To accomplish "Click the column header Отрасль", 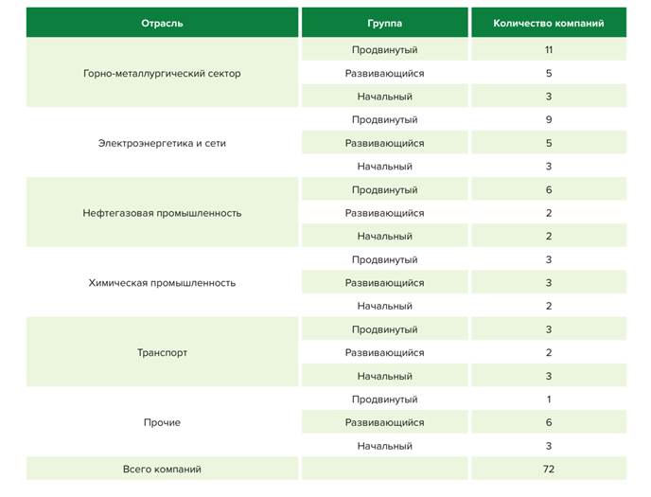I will coord(162,23).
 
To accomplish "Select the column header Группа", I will coord(384,23).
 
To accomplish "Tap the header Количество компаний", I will coord(548,23).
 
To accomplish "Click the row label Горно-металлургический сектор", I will coord(162,74).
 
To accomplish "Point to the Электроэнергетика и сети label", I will coord(162,144).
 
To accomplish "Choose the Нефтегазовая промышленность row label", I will coord(162,213).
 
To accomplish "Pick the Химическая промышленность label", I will coord(162,283).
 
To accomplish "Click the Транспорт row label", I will coord(162,353).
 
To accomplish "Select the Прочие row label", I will coord(162,422).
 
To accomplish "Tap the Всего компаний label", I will coord(162,469).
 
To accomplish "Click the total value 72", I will coord(549,469).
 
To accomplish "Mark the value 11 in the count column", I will coord(549,50).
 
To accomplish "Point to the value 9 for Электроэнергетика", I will coord(549,120).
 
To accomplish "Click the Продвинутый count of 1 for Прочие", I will coord(549,399).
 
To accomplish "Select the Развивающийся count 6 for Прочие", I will coord(549,422).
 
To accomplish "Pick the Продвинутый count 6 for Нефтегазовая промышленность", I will coord(549,190).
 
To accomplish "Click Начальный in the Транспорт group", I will coord(384,376).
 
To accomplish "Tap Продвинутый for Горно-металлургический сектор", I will coord(384,50).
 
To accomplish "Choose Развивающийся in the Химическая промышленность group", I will coord(384,283).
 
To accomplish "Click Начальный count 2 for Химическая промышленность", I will coord(549,306).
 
